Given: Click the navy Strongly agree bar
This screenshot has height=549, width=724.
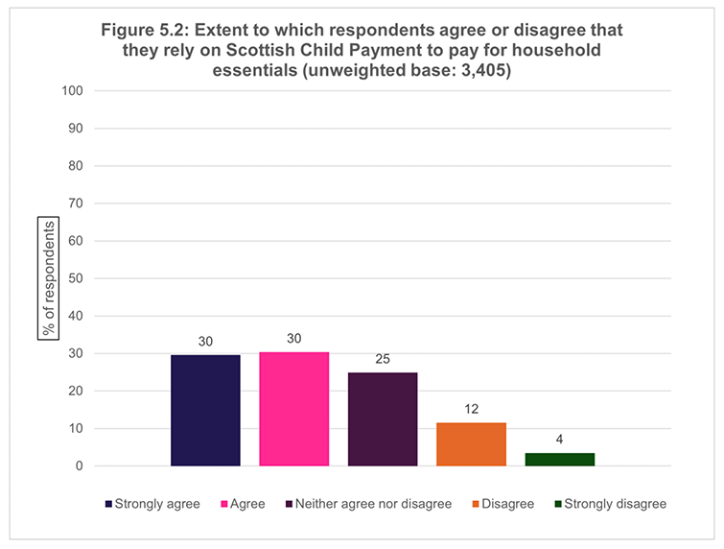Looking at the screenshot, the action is tap(205, 411).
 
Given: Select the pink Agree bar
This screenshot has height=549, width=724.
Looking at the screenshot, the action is tap(294, 409).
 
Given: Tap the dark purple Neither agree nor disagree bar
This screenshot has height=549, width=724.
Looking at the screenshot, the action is tap(383, 419).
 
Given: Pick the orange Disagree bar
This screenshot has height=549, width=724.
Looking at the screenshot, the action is tap(472, 444).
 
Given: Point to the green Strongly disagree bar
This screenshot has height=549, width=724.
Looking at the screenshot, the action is tap(560, 460).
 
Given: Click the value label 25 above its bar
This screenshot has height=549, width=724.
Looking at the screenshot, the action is tap(383, 359).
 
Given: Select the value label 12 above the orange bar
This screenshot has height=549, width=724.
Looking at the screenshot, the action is tap(472, 409).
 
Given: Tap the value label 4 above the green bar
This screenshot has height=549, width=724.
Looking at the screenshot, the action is tap(560, 440).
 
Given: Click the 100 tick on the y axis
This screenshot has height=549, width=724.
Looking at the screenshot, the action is tap(73, 90).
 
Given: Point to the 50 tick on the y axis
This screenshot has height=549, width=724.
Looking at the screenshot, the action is tap(76, 278).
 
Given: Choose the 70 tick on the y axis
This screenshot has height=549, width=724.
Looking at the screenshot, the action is tap(76, 203).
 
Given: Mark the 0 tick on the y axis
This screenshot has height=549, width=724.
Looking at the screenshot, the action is tap(80, 465).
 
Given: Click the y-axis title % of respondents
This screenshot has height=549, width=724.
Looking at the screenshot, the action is tap(49, 278).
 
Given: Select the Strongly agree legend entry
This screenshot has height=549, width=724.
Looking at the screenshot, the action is tap(152, 504).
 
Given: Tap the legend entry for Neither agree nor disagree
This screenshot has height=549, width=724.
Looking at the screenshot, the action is tap(369, 504).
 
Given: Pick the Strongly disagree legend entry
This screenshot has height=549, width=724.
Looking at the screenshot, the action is tap(611, 504).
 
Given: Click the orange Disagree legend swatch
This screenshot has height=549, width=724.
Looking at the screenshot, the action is tap(476, 504).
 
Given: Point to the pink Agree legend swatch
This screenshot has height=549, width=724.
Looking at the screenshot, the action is tap(224, 504).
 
